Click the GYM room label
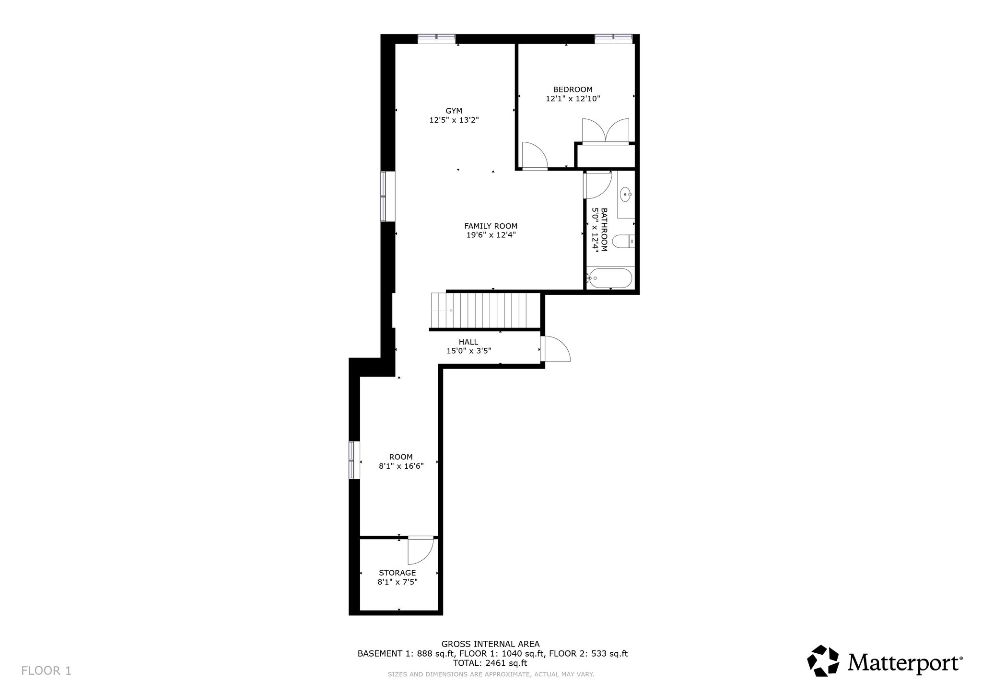tap(454, 111)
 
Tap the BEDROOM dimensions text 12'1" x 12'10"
tap(573, 99)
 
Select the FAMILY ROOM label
tap(491, 226)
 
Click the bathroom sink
tap(625, 195)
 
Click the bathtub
tap(610, 278)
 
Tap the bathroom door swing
tap(597, 185)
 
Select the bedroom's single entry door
tap(534, 156)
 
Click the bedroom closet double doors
tap(605, 130)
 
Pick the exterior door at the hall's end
tap(555, 348)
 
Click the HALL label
tap(468, 342)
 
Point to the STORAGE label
tap(397, 573)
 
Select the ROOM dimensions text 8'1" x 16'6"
tap(401, 466)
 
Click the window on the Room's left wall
tap(354, 460)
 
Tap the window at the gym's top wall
tap(436, 39)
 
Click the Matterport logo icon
tap(823, 660)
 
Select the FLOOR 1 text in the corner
tap(47, 671)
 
